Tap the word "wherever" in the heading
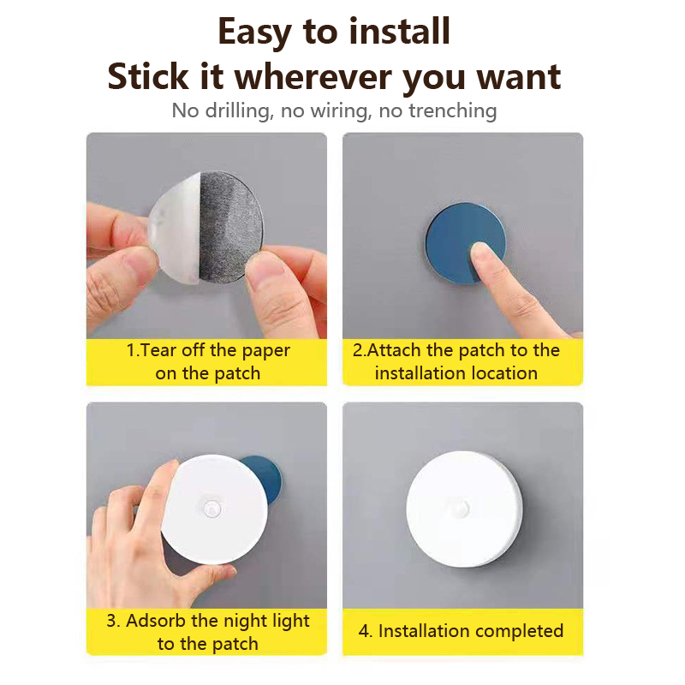(x=313, y=77)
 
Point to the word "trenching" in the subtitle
(x=453, y=111)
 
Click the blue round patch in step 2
(x=455, y=231)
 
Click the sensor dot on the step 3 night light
(x=212, y=509)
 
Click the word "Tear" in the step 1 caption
(x=158, y=350)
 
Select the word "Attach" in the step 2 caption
(x=395, y=350)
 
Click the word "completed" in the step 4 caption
(x=519, y=632)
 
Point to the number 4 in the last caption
(x=363, y=631)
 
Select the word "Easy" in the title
(x=254, y=33)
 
